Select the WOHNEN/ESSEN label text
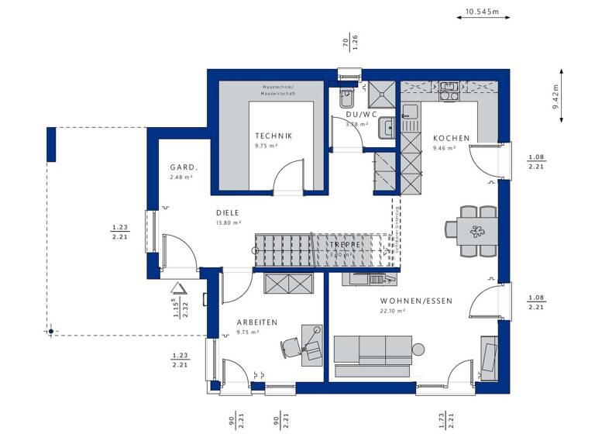(416, 301)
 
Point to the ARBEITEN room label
(257, 322)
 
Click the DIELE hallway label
(227, 212)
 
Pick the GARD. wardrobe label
(184, 167)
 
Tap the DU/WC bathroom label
(361, 114)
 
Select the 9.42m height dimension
(555, 98)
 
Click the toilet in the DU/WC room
(346, 98)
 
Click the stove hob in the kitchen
(449, 92)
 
